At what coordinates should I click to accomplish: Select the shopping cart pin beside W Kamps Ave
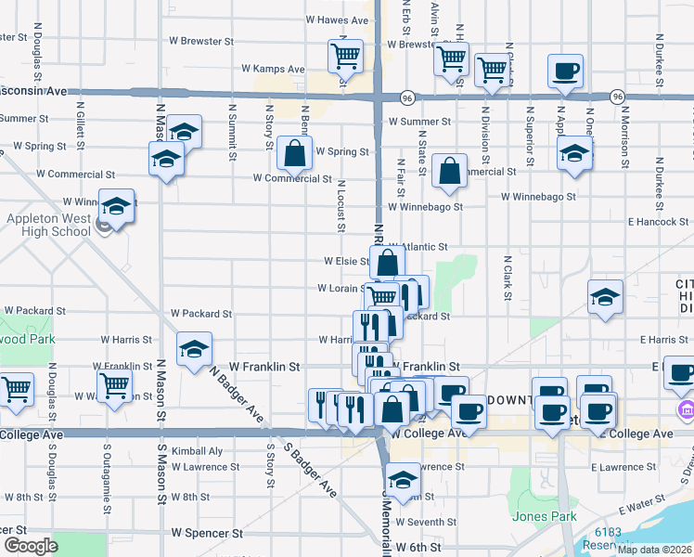pos(345,57)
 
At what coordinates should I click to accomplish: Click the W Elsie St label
pos(345,262)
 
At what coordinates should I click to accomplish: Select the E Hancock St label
pos(659,222)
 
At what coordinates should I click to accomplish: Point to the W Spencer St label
pos(207,534)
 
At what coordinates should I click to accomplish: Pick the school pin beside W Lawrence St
pos(402,480)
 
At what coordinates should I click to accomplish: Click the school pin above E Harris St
pos(605,297)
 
